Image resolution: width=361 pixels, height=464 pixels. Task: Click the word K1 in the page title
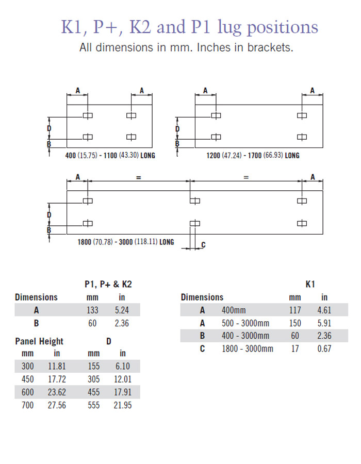coord(74,27)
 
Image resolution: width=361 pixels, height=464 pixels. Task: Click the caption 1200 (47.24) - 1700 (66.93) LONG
coord(253,155)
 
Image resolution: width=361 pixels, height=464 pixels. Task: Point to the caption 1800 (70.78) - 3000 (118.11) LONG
coord(126,242)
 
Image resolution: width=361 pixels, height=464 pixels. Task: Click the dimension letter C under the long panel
coord(203,244)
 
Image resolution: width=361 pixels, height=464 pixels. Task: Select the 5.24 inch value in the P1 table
coord(122,310)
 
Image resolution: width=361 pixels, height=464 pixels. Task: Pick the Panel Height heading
coord(39,341)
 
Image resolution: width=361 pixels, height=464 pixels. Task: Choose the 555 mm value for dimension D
coord(94,405)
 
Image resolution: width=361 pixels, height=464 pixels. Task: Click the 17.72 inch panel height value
coord(57,379)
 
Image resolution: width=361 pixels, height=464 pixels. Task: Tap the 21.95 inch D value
coord(123,405)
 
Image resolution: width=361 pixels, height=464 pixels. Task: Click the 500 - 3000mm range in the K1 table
coord(245,323)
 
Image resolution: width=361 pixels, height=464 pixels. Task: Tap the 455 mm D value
coord(94,392)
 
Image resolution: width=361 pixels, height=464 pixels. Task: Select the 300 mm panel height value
coord(28,367)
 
